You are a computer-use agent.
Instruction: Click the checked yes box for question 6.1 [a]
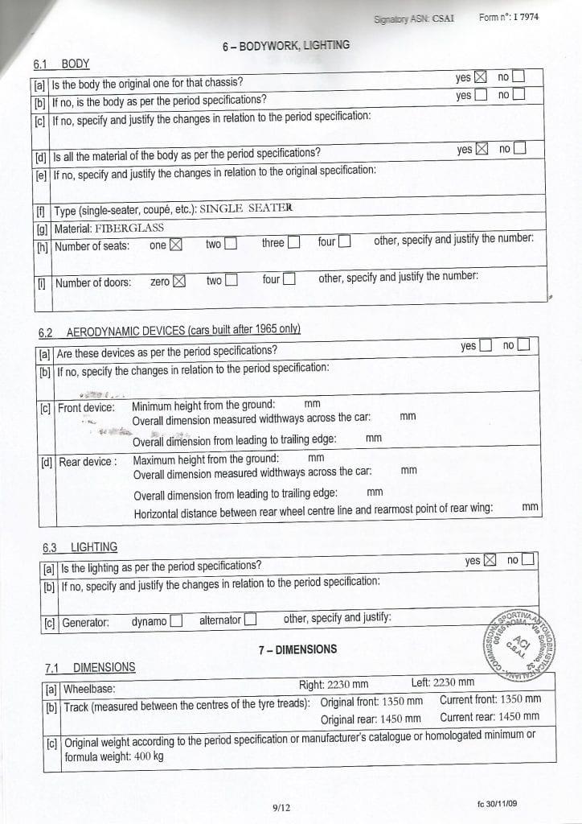481,77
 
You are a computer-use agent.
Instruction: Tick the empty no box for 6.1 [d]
519,148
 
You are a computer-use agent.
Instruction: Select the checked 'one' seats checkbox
176,245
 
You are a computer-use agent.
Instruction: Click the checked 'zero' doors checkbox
179,281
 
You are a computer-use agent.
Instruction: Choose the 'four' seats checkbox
344,241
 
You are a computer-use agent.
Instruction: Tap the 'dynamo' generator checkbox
176,620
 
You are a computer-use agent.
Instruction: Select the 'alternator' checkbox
250,620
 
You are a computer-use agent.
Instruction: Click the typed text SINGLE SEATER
246,208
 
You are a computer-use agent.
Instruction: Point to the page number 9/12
282,808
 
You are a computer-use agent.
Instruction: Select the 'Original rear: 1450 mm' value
371,719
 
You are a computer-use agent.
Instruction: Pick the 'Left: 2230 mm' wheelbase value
443,683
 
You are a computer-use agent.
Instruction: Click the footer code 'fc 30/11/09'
502,804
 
